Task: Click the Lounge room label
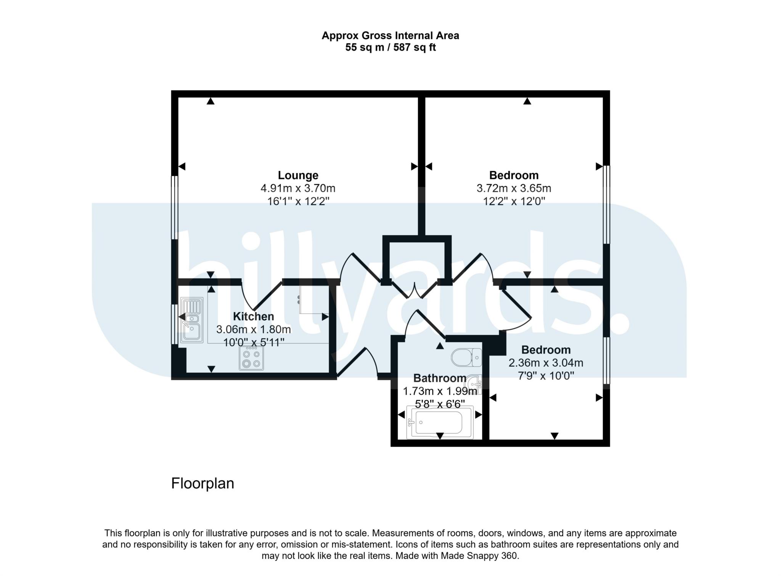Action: coord(298,175)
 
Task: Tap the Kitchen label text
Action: coord(253,316)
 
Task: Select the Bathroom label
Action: coord(440,378)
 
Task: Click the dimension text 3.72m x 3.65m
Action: coord(514,188)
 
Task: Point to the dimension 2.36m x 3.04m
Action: coord(546,362)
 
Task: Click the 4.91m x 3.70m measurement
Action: coord(298,188)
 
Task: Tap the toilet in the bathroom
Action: coord(466,357)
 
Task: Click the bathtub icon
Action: coord(439,422)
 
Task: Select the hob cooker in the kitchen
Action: coord(251,358)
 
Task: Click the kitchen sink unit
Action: coord(192,320)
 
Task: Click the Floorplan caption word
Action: coord(202,483)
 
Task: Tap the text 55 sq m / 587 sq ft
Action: coord(390,47)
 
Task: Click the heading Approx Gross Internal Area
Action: coord(390,35)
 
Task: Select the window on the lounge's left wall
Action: coord(174,207)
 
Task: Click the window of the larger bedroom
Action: coord(606,204)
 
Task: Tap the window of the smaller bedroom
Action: coord(606,360)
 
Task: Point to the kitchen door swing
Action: coord(261,298)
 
